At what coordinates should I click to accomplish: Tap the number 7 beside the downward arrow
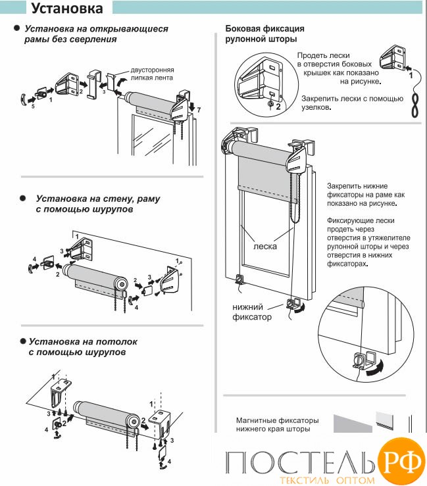[199, 109]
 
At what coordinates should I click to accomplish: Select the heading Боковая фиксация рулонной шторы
[264, 34]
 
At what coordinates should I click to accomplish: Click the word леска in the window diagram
[264, 247]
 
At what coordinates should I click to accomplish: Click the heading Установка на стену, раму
[98, 203]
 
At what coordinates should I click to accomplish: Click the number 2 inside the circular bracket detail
[278, 105]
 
